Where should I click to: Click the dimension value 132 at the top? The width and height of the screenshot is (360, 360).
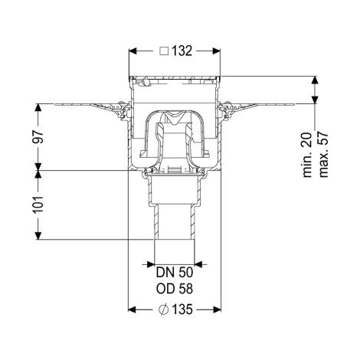pos(182,51)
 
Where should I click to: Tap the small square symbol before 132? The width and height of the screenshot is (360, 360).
pos(164,51)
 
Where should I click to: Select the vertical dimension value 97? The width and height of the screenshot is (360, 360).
pos(38,137)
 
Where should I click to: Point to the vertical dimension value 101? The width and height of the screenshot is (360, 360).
pos(38,205)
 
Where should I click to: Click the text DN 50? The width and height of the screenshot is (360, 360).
pos(175,273)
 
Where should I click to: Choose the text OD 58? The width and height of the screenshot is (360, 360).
pos(175,289)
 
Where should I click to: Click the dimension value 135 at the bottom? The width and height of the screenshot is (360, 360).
pos(182,309)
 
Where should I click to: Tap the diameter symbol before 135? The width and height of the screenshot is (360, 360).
pos(164,309)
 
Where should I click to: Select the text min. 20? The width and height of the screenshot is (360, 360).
pos(307,155)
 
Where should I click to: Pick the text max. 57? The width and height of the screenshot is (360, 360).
pos(323,155)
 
